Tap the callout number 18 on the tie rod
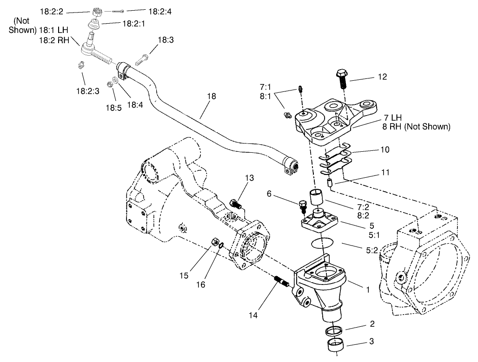click(x=212, y=97)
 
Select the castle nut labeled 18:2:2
click(x=97, y=11)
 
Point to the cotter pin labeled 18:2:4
click(x=119, y=10)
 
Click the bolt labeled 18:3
click(x=142, y=59)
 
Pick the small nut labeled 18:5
click(x=111, y=84)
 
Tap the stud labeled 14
click(x=281, y=281)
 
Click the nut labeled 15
click(x=215, y=241)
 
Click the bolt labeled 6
click(x=303, y=205)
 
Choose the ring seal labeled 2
click(x=334, y=331)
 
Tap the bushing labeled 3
click(x=335, y=346)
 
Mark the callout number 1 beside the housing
click(x=367, y=290)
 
